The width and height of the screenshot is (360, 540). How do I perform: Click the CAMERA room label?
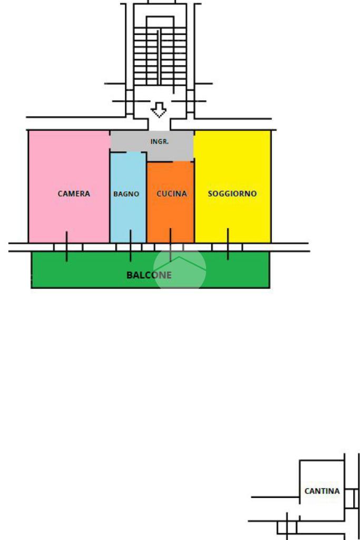(x=74, y=194)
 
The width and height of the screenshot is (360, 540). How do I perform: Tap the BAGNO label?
(x=127, y=194)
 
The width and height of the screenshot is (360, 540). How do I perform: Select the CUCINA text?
(x=172, y=194)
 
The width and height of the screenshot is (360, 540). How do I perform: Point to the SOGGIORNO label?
(x=232, y=194)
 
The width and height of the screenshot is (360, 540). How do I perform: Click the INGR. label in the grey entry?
(x=160, y=142)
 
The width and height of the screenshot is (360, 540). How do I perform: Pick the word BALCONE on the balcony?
(x=149, y=275)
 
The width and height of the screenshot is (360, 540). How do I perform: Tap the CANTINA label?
(x=322, y=491)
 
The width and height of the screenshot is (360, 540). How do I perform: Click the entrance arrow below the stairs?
(x=159, y=110)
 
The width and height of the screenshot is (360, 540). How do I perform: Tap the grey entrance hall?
(x=132, y=141)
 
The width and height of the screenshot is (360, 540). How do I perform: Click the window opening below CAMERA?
(x=68, y=247)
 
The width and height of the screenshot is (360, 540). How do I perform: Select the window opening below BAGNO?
(x=130, y=247)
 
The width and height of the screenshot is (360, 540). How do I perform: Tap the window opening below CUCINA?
(x=170, y=247)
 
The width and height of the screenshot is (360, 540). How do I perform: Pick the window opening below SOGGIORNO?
(x=227, y=247)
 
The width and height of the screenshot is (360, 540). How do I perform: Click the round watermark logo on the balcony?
(x=180, y=268)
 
